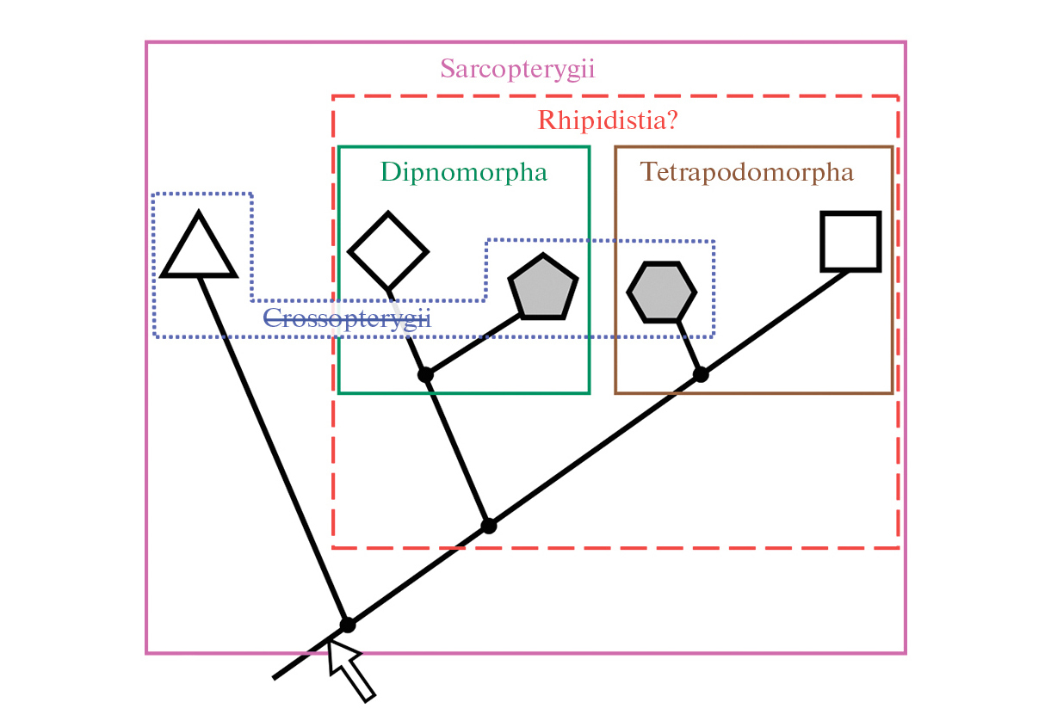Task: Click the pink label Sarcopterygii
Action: click(517, 69)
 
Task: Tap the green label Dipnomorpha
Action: click(464, 172)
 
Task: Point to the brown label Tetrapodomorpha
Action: click(747, 172)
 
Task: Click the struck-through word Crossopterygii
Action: click(346, 318)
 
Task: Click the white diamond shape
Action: click(387, 251)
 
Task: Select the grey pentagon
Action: click(542, 288)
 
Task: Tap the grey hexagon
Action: click(661, 293)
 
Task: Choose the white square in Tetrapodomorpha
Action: click(850, 241)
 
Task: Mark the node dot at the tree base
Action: click(347, 625)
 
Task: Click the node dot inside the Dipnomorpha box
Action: click(424, 374)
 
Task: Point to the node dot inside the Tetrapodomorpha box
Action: click(701, 374)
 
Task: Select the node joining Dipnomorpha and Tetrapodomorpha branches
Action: click(489, 526)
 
